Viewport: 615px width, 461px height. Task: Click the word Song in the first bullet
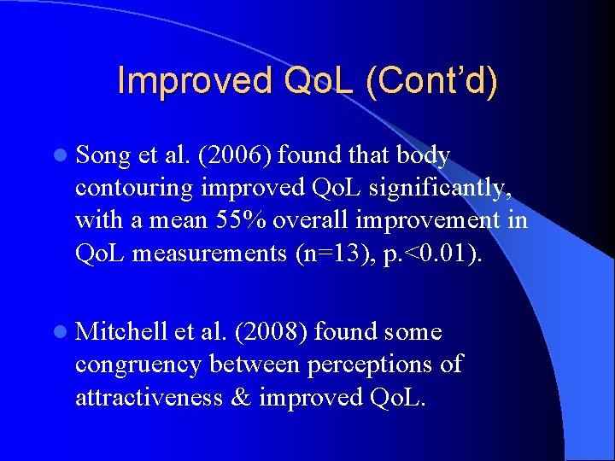pos(103,156)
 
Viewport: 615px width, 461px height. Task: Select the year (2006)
pos(224,155)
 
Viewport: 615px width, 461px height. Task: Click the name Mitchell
pos(121,332)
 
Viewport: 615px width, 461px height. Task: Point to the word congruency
pos(138,365)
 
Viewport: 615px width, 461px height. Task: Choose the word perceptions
pos(358,365)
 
